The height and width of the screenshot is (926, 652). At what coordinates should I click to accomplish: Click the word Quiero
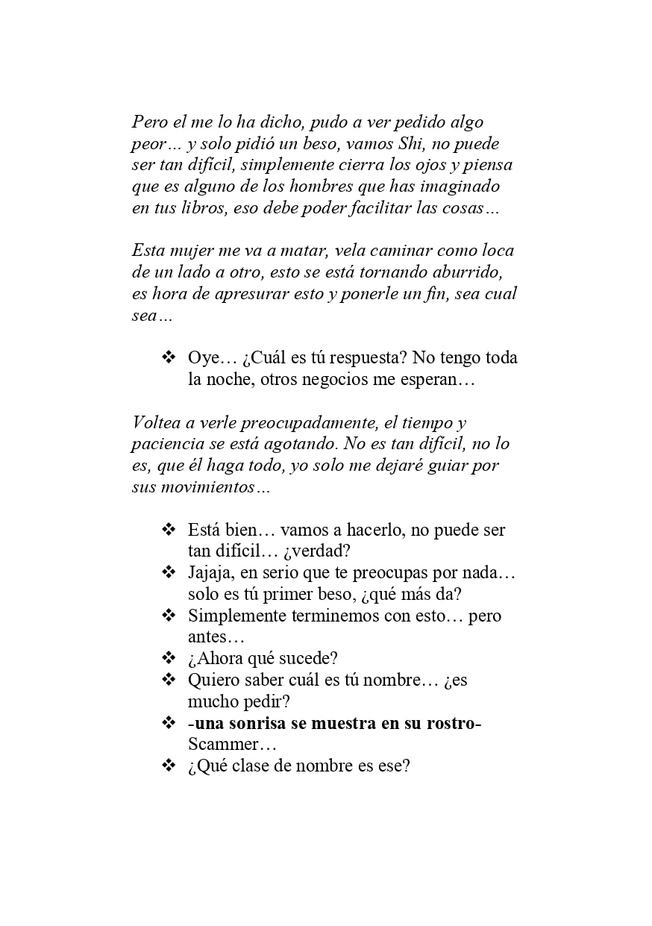click(213, 681)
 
